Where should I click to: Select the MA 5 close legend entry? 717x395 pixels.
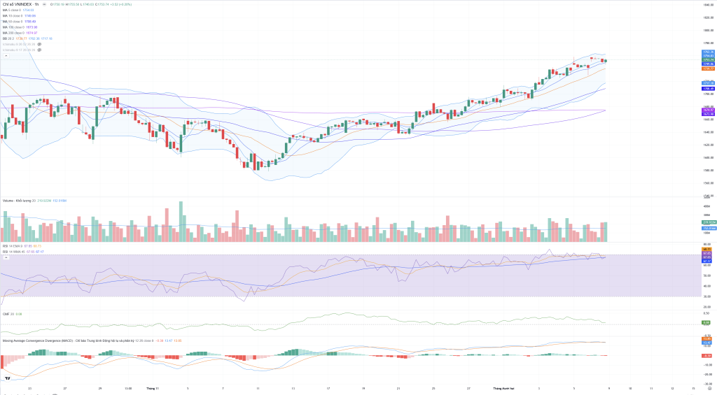pos(13,10)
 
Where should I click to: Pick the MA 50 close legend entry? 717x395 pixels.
pos(14,21)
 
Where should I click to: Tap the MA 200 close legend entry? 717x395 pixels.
pos(15,32)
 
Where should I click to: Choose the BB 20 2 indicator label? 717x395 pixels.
pos(8,38)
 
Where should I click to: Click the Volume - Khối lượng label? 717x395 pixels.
pos(20,200)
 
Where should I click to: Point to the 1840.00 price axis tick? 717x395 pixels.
pos(707,4)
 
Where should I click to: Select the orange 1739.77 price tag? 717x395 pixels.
pos(707,69)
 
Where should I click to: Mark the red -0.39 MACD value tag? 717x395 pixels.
pos(707,356)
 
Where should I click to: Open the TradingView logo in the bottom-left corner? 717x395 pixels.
pos(8,378)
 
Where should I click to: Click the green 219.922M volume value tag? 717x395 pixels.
pos(707,223)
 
